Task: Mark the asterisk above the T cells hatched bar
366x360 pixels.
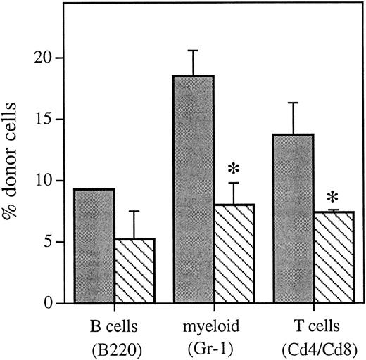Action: pyautogui.click(x=333, y=193)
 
